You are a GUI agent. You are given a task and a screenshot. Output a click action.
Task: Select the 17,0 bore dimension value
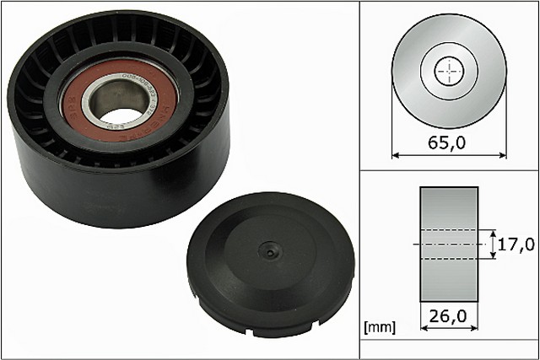(516, 245)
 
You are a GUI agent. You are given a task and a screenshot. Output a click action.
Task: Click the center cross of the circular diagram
(451, 71)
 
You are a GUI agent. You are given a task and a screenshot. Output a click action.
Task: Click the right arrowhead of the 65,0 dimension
(505, 155)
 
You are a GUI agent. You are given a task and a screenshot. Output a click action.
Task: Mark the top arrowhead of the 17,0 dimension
(492, 232)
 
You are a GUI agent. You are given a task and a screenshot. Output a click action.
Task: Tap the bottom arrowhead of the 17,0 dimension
(492, 256)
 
